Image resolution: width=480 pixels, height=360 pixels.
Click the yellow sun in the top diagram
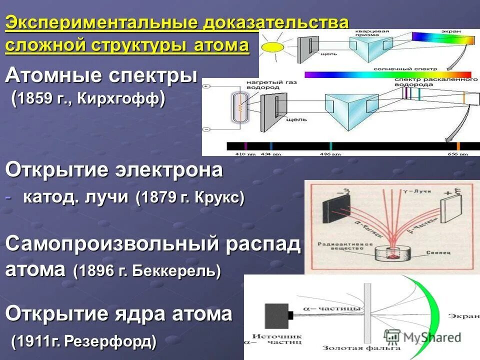pyautogui.click(x=272, y=47)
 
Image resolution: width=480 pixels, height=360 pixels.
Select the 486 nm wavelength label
pyautogui.click(x=328, y=153)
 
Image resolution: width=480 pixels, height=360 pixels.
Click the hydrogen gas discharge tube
pyautogui.click(x=239, y=107)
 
